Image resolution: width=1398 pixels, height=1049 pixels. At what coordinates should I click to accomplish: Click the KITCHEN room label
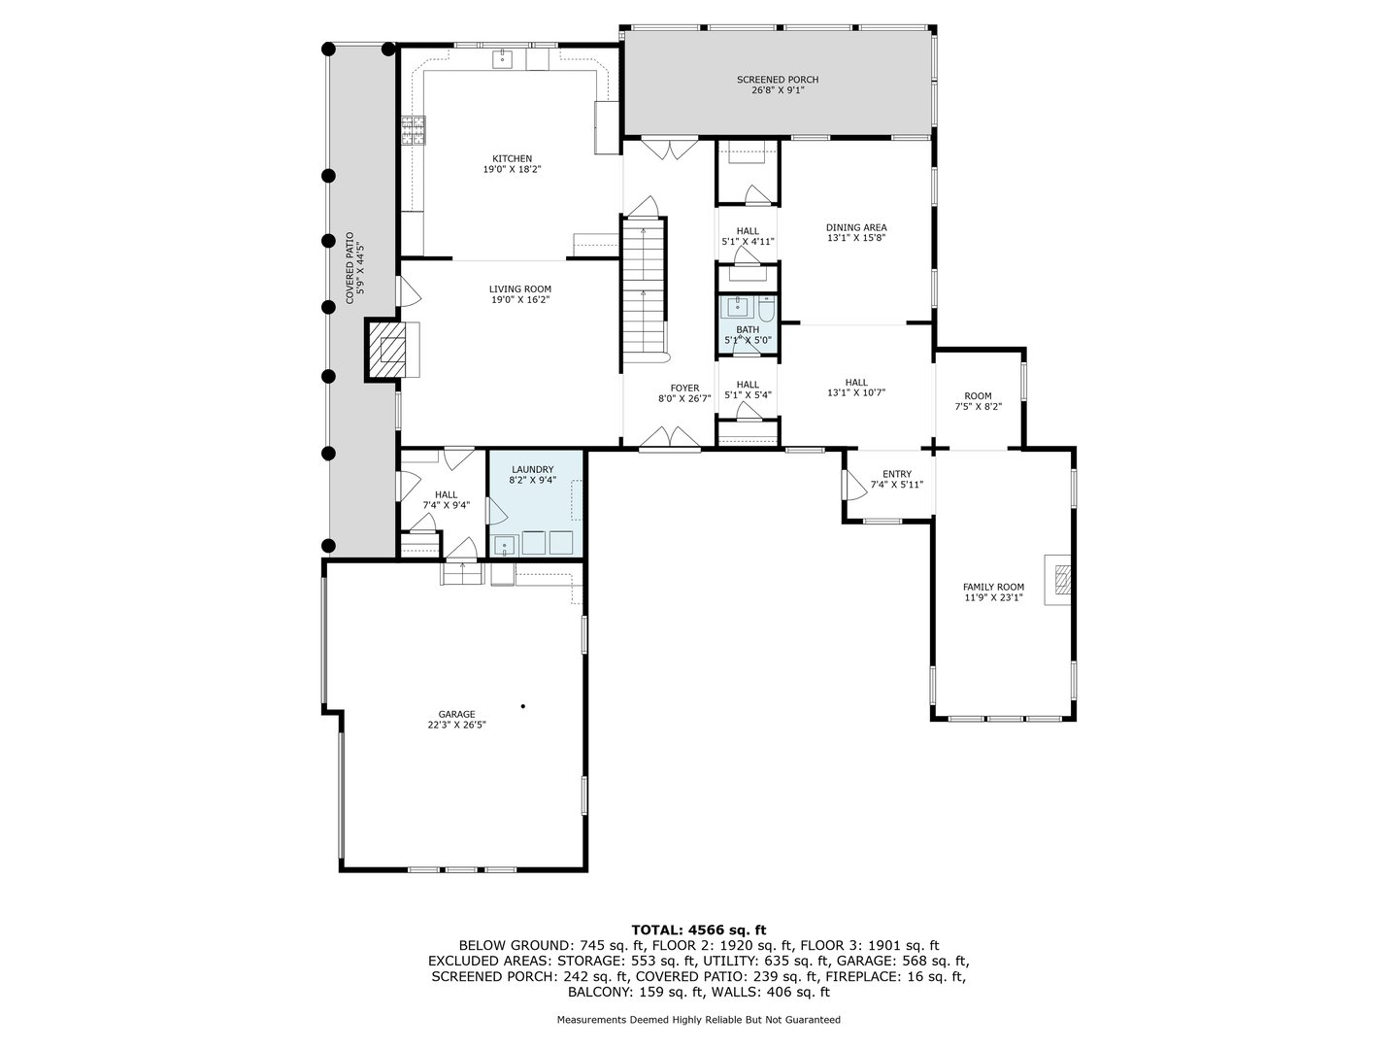pyautogui.click(x=512, y=158)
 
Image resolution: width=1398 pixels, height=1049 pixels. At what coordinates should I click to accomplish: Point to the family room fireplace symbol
pyautogui.click(x=1060, y=580)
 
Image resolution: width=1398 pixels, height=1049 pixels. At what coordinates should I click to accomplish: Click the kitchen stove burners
pyautogui.click(x=414, y=130)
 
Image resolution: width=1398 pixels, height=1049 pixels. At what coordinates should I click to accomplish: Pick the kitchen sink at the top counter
pyautogui.click(x=502, y=59)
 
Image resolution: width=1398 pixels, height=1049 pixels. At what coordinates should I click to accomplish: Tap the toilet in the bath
pyautogui.click(x=766, y=310)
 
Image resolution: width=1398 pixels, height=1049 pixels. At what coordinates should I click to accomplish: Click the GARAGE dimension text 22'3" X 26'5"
pyautogui.click(x=456, y=725)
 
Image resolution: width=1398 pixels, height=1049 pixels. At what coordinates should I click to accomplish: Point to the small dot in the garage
pyautogui.click(x=522, y=706)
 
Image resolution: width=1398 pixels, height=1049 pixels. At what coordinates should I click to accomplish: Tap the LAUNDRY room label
pyautogui.click(x=533, y=469)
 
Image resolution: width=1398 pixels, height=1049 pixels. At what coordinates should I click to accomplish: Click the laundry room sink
pyautogui.click(x=504, y=545)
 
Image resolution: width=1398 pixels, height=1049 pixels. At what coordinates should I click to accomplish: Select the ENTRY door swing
pyautogui.click(x=853, y=485)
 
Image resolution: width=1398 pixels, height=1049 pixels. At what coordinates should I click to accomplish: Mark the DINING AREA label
pyautogui.click(x=856, y=227)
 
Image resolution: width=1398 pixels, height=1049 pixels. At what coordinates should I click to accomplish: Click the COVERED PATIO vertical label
pyautogui.click(x=353, y=268)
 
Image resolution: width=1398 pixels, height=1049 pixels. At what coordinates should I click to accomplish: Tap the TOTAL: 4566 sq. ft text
pyautogui.click(x=698, y=930)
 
